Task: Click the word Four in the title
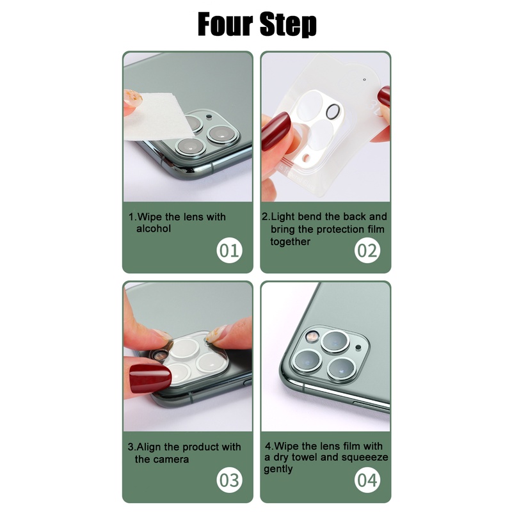[223, 24]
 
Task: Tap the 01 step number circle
[228, 250]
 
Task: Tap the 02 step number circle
[367, 250]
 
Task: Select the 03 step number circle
[228, 479]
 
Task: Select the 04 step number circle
[367, 479]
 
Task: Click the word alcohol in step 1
[154, 228]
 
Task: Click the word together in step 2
[290, 241]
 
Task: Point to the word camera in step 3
[171, 459]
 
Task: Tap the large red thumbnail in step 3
[150, 378]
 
